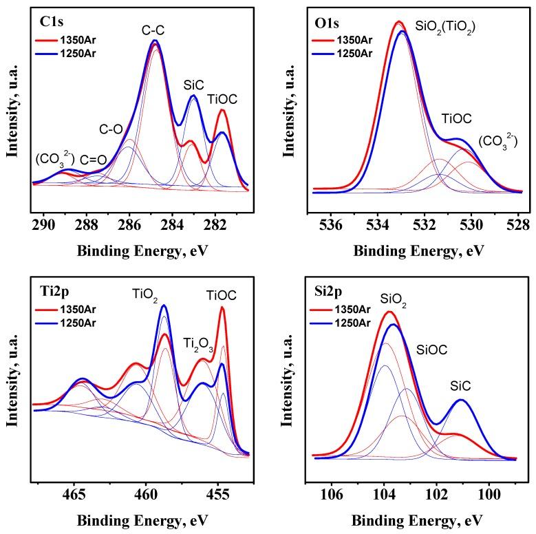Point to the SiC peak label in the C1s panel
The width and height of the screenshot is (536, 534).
[x=193, y=84]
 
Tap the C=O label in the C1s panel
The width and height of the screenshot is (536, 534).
[x=92, y=160]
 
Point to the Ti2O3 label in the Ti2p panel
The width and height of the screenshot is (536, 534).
[x=198, y=344]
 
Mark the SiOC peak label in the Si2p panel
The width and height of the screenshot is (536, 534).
[x=431, y=350]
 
